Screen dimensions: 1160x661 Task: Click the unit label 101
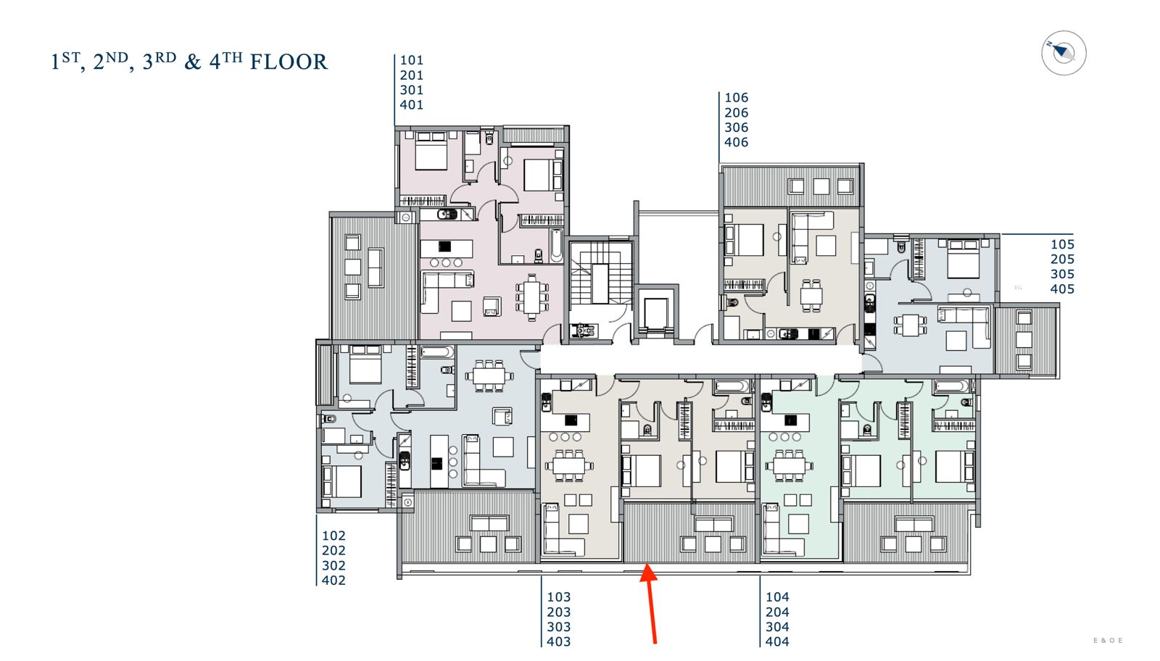point(412,60)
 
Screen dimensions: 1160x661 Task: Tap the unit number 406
point(736,142)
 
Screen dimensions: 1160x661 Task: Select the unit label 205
point(1062,259)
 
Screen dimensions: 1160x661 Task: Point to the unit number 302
point(333,565)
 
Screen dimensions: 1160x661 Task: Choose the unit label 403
point(559,642)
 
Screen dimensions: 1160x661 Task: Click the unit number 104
point(777,596)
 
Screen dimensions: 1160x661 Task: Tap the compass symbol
point(1064,54)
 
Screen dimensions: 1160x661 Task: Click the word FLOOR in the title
point(289,62)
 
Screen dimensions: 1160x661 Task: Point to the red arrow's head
point(648,573)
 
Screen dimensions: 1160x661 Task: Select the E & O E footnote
point(1108,641)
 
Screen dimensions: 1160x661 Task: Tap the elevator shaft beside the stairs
point(656,312)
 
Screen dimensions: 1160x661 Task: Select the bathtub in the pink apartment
point(556,246)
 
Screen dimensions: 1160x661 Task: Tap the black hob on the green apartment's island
point(790,420)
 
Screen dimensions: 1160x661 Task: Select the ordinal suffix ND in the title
point(117,57)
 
